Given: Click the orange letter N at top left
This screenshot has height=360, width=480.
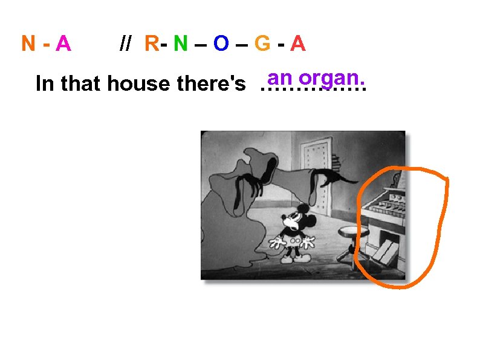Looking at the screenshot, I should point(28,44).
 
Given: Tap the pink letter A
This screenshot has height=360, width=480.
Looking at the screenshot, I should point(63,44).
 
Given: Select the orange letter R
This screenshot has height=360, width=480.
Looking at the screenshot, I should point(152,44).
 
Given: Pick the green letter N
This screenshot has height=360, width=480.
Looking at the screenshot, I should point(180,44).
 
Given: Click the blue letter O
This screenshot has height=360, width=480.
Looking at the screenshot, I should point(221,44).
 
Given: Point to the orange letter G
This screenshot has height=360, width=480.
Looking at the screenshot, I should point(262,44).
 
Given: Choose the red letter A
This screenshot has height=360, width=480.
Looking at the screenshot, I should point(297,44).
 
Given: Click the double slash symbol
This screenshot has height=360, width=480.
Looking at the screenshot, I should point(126,44).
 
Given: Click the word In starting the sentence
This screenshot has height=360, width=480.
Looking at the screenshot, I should point(44,83).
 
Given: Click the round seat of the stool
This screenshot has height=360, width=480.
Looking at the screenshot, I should point(348,231).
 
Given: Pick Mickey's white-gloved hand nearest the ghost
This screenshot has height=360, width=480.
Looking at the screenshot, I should point(278,243).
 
